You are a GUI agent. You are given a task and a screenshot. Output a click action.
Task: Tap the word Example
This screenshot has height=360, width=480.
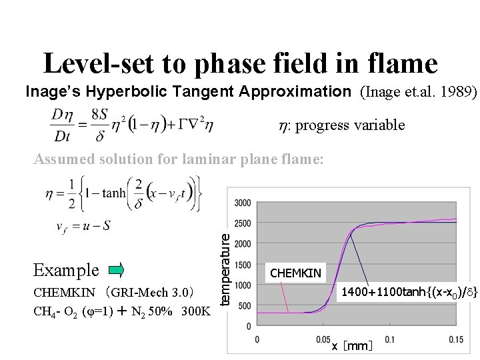[66, 270]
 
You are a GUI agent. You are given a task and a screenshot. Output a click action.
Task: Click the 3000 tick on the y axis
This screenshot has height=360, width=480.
[243, 203]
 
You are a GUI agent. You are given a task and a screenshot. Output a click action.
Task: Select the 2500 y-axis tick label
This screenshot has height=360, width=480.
[243, 223]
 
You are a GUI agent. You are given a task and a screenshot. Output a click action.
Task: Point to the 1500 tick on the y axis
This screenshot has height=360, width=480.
[243, 265]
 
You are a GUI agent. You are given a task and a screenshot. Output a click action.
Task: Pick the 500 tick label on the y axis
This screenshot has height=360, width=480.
[245, 306]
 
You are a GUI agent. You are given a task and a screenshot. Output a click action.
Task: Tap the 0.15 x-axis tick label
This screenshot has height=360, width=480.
[455, 339]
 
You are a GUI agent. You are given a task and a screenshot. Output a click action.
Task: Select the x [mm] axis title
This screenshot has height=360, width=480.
[353, 346]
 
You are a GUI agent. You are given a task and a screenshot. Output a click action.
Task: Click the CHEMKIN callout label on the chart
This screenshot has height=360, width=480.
[296, 272]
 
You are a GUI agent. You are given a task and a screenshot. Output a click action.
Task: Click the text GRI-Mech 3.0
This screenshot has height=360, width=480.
[153, 292]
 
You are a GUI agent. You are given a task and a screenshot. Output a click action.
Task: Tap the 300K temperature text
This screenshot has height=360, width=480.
[197, 310]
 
